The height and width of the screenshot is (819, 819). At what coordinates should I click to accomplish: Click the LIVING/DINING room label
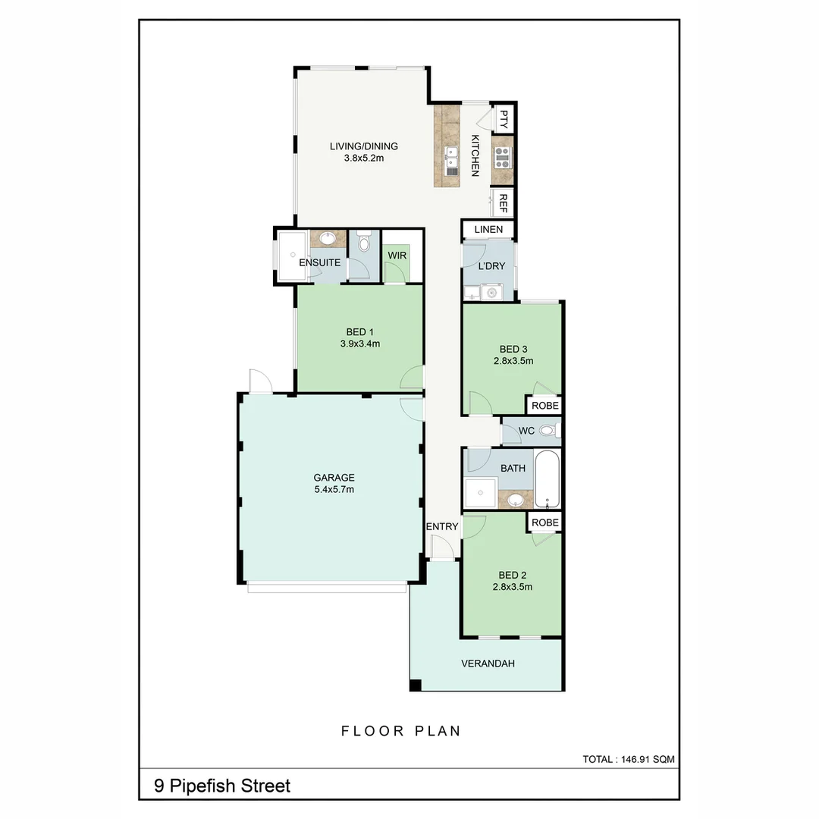363,146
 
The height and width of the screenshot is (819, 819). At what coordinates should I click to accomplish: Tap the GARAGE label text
334,478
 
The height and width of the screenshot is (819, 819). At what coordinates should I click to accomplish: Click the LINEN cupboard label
488,230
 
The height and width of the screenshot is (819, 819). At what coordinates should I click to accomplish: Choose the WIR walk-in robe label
397,256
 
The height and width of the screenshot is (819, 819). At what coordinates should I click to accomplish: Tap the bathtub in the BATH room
548,480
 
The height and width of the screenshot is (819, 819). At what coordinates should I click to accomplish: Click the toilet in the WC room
548,431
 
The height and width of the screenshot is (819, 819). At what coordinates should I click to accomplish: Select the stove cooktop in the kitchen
502,158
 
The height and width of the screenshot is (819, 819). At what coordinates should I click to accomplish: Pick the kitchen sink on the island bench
451,157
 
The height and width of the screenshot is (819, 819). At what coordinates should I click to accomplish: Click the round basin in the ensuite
328,239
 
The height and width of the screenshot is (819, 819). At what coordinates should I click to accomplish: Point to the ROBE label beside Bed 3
545,406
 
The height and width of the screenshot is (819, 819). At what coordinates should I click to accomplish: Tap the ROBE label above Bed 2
545,522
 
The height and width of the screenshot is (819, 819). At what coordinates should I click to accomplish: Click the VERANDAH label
488,664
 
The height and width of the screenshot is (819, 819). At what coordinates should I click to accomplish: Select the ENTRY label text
441,527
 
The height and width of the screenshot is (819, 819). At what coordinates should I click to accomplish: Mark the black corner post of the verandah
415,686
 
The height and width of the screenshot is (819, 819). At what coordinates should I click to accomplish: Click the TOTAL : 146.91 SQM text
628,758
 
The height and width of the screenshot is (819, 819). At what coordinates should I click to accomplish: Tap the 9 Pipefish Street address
222,786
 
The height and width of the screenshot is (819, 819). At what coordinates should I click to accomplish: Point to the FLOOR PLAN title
401,731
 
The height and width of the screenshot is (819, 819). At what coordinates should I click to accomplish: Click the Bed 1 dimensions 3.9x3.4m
360,344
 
